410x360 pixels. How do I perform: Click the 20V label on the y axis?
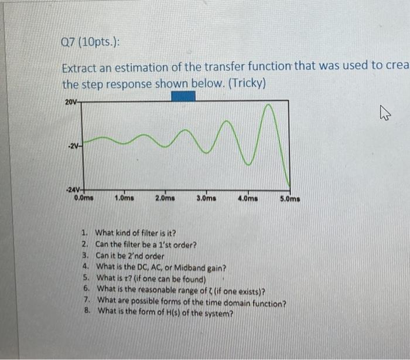coord(70,101)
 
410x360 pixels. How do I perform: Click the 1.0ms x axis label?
coord(124,198)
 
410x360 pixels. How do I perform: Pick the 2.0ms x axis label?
coord(165,198)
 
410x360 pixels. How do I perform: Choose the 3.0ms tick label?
coord(206,198)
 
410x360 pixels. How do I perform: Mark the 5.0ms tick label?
coord(289,199)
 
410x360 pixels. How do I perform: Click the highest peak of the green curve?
coord(268,106)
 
